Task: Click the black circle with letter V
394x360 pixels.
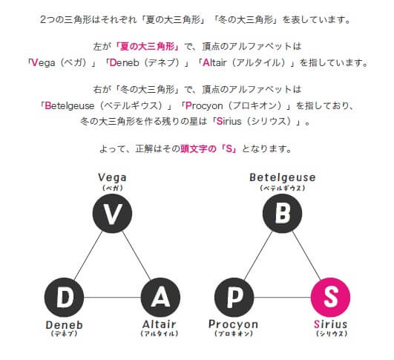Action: [112, 214]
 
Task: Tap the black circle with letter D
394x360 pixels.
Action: [64, 297]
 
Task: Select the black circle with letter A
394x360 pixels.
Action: [160, 297]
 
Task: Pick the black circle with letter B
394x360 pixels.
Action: [282, 214]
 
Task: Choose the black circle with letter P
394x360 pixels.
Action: [234, 297]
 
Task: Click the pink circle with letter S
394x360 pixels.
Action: [330, 297]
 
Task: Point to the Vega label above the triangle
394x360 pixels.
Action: [112, 177]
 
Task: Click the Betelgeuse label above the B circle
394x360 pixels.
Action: [283, 177]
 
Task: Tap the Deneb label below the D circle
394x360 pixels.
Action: [65, 325]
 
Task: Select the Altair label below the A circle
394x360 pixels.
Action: [160, 324]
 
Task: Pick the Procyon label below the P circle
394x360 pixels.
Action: [234, 324]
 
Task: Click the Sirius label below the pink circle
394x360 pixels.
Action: [331, 324]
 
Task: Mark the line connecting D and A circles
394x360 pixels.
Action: [112, 298]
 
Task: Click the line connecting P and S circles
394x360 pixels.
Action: [283, 298]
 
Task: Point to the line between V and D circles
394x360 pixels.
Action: [88, 255]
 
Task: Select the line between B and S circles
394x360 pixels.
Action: [306, 255]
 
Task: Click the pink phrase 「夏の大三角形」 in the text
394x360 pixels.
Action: [147, 47]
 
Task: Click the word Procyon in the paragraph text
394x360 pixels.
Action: [204, 106]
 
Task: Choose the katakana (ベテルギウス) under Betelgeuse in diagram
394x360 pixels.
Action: [283, 188]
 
